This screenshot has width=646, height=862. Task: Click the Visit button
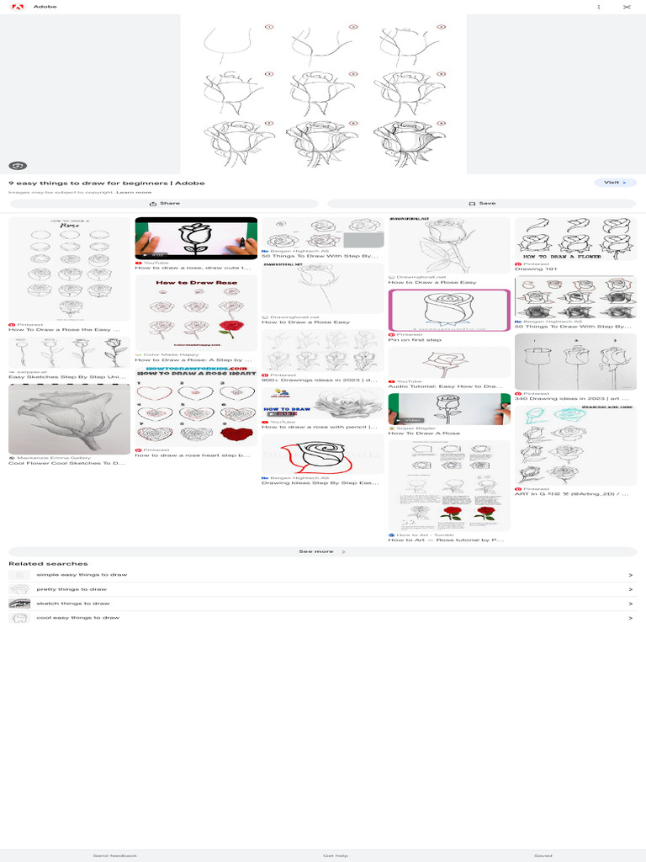(615, 182)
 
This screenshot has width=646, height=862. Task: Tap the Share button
(164, 203)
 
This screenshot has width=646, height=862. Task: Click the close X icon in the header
(626, 7)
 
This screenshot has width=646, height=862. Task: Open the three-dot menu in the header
(599, 7)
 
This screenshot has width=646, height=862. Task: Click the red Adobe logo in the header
(15, 7)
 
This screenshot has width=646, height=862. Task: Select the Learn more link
(134, 192)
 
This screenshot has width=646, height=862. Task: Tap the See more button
(322, 551)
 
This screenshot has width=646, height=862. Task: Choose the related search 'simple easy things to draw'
(82, 574)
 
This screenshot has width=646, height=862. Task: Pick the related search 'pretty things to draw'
(71, 589)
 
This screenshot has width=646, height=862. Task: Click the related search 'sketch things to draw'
(72, 604)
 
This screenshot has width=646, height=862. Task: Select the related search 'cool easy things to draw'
(77, 618)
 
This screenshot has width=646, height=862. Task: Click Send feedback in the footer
(114, 854)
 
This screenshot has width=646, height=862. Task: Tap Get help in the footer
(335, 854)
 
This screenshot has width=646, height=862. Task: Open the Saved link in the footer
(543, 854)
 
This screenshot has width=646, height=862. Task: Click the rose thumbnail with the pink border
(449, 310)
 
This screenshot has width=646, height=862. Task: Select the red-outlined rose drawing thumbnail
(322, 455)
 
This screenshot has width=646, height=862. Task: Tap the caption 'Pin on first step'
(415, 340)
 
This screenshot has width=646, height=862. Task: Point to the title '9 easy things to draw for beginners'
(106, 183)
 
